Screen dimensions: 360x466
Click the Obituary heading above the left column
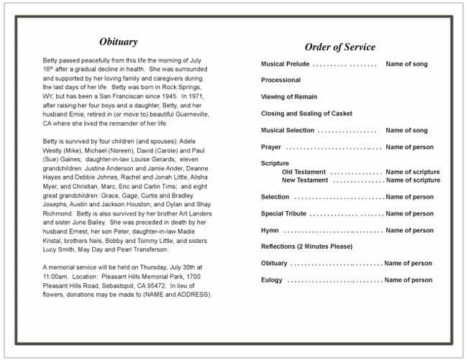119,42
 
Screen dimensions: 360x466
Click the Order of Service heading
339,47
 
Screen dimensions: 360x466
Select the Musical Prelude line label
285,64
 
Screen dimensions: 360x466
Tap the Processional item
280,80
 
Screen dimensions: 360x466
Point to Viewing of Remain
289,96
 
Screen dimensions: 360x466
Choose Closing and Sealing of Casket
306,114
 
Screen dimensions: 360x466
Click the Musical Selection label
288,130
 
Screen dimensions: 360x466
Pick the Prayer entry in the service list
271,147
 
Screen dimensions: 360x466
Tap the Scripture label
275,163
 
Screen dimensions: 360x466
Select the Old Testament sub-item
303,172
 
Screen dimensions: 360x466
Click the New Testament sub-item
305,180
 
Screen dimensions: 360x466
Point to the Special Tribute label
283,213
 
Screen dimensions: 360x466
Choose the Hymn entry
270,231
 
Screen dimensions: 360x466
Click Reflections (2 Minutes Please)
306,246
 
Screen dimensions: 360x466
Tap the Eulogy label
272,280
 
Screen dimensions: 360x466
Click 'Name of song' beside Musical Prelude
406,64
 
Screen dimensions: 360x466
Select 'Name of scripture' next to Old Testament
413,172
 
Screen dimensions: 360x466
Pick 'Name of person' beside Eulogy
408,280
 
